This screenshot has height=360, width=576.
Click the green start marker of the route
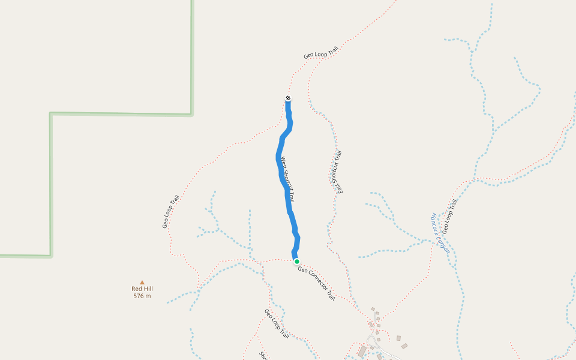296,262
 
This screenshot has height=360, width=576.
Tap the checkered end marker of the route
288,98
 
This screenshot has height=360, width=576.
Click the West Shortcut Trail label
287,179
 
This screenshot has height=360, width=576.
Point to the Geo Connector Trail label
316,283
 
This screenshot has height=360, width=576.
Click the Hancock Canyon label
440,233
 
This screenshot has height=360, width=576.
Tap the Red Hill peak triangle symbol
142,282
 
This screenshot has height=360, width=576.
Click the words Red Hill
142,289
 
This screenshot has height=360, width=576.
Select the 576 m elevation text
142,296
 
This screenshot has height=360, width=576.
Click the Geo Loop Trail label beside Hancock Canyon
449,217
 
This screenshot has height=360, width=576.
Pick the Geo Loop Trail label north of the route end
321,52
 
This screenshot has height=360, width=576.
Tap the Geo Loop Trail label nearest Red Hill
171,212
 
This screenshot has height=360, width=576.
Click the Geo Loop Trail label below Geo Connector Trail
277,324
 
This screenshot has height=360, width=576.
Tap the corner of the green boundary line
51,113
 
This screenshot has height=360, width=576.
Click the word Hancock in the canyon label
436,223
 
